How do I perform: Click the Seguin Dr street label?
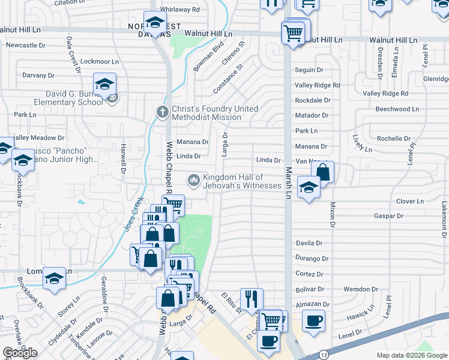(309, 70)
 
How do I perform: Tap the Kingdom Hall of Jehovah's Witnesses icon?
(194, 180)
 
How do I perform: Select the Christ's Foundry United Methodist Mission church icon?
(161, 111)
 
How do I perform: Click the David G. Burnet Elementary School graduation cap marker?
(104, 85)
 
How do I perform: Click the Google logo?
(20, 353)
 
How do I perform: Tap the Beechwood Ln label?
(397, 109)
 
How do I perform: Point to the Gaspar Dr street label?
(388, 215)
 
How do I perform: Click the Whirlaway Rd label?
(179, 10)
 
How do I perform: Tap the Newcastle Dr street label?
(26, 45)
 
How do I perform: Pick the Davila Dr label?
(309, 244)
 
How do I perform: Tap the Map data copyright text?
(411, 355)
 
